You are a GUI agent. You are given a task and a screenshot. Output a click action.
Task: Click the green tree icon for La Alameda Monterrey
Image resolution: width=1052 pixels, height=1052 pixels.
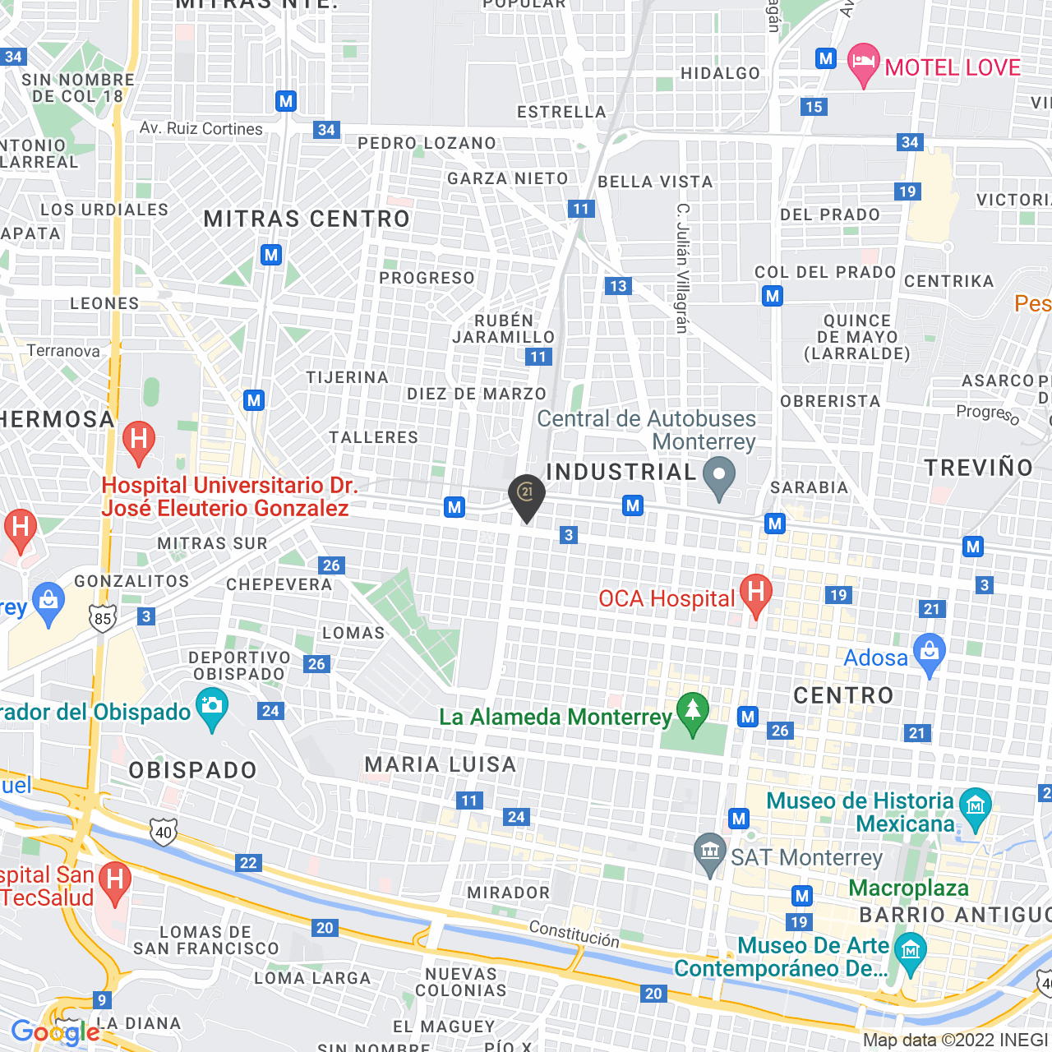692,712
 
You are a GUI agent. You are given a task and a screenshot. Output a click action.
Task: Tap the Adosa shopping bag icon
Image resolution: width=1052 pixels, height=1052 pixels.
930,653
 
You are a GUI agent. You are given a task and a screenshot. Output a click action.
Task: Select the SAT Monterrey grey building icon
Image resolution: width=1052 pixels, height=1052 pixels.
709,852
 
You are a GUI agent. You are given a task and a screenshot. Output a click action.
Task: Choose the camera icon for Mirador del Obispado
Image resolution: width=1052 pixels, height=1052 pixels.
212,708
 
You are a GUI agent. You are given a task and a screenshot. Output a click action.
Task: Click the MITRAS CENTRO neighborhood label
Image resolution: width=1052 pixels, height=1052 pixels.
307,219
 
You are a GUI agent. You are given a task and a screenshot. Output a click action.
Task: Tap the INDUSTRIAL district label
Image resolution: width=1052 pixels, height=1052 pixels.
621,472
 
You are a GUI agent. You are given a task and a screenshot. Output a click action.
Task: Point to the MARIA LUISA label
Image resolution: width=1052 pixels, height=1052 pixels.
441,764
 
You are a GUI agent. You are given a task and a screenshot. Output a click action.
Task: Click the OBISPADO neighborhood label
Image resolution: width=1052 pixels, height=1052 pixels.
193,770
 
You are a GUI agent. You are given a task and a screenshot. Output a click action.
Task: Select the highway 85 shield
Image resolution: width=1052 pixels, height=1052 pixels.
103,618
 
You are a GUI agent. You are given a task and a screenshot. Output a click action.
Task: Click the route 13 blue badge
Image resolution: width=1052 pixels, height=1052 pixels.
618,286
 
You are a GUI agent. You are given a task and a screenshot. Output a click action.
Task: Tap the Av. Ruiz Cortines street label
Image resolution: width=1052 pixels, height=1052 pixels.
201,129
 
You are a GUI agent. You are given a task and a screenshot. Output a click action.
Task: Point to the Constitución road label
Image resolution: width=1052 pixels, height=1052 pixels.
574,934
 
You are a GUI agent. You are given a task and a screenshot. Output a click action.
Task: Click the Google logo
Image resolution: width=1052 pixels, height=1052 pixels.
55,1032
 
